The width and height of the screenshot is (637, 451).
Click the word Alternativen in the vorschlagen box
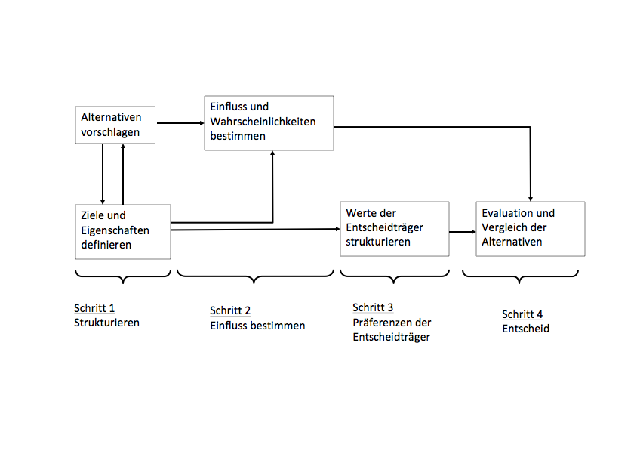coord(112,118)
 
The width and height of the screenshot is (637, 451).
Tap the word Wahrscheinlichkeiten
coord(263,122)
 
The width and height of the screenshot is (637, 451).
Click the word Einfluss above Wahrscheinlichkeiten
coord(229,107)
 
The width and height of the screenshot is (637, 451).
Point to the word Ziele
coord(93,215)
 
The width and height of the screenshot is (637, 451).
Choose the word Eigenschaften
coord(115,230)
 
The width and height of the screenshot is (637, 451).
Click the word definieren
coord(106,245)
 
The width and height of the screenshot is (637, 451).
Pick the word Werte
coord(361,213)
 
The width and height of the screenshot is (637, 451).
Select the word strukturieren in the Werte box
coord(378,242)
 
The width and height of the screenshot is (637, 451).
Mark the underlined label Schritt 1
coord(94,308)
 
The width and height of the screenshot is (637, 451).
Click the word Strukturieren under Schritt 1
coord(106,323)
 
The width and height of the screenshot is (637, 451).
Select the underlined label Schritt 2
coord(230,310)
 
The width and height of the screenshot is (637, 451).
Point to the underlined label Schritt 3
coord(373,307)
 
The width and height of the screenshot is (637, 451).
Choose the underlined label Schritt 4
coord(522,314)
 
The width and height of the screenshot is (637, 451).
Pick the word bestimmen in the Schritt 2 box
coord(279,326)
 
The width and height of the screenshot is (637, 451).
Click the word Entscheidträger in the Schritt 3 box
coord(391,337)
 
